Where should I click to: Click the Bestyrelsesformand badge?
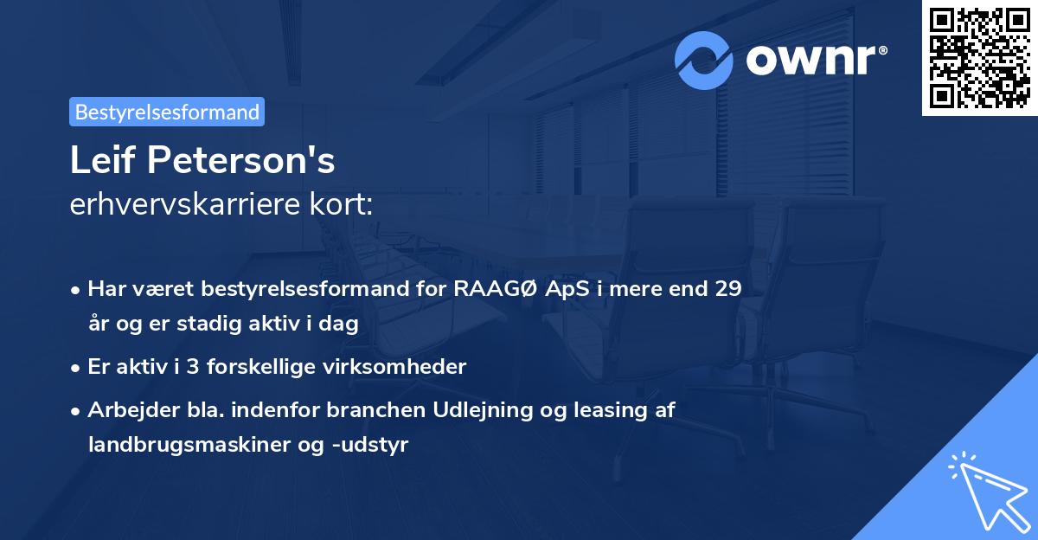pyautogui.click(x=167, y=112)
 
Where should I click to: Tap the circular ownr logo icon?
pyautogui.click(x=704, y=60)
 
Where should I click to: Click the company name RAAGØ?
pyautogui.click(x=493, y=289)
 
